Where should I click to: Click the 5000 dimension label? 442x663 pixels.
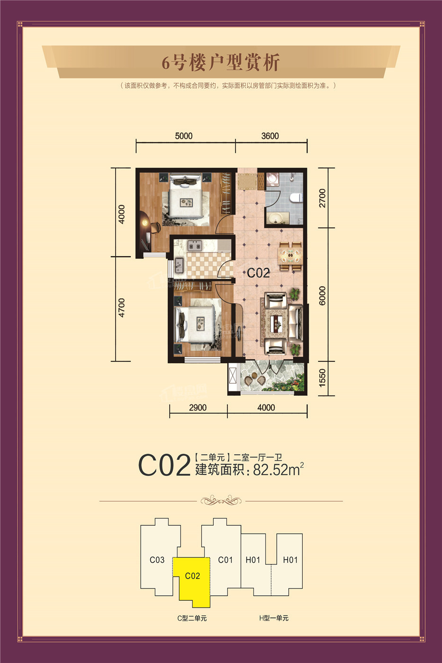[183, 136]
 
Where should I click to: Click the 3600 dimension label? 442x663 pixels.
[270, 136]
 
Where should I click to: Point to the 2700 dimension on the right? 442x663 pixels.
[322, 198]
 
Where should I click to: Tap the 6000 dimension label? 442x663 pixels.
[322, 296]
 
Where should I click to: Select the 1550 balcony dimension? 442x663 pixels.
[322, 377]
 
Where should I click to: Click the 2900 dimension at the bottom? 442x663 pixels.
[198, 408]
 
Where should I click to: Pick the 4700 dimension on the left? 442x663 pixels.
[121, 308]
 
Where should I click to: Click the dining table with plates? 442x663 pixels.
[290, 256]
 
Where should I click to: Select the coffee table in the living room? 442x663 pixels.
[278, 321]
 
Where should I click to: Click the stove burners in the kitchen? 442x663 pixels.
[194, 245]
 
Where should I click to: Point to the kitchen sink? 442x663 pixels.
[179, 265]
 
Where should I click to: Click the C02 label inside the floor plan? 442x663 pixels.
[258, 273]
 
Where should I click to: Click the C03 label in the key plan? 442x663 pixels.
[157, 560]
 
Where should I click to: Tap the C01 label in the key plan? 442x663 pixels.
[226, 560]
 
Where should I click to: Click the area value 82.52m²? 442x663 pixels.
[278, 469]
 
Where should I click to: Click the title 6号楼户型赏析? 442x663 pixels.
[221, 63]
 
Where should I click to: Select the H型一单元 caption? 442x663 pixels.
[274, 618]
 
